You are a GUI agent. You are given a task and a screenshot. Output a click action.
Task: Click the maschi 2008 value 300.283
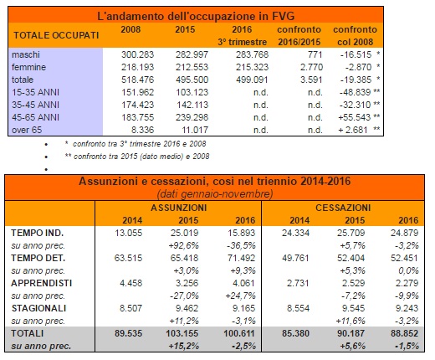click(137, 54)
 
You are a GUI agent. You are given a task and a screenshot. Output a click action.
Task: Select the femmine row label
click(28, 67)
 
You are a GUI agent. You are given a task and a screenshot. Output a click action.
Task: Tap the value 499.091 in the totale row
click(252, 80)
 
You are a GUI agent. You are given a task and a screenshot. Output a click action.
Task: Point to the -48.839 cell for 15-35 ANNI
click(355, 92)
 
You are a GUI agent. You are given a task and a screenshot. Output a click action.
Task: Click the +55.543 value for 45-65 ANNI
click(355, 117)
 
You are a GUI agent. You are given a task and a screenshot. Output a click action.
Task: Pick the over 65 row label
click(27, 130)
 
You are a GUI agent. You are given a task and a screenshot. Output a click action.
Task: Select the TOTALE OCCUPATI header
click(56, 35)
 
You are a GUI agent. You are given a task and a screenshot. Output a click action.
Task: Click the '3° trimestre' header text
click(242, 42)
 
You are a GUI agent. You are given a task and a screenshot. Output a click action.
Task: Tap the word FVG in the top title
click(283, 16)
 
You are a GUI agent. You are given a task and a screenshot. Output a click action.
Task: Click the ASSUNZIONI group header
click(179, 208)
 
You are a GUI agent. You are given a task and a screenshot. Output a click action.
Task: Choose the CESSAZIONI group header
click(343, 208)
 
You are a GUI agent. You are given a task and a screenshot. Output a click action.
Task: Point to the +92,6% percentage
click(184, 245)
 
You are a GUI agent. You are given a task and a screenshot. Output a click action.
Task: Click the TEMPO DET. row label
click(38, 258)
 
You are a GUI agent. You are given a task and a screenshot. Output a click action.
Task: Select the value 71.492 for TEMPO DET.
click(241, 258)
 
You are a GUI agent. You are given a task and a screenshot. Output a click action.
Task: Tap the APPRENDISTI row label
click(42, 283)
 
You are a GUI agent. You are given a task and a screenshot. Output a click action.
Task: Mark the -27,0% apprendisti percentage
click(184, 296)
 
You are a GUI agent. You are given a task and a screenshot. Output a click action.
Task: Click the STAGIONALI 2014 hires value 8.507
click(130, 308)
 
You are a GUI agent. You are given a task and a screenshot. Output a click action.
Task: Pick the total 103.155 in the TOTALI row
click(182, 333)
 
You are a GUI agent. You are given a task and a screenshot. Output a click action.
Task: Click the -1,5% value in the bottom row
click(407, 346)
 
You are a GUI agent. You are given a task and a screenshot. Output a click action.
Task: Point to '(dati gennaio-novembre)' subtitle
click(215, 193)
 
